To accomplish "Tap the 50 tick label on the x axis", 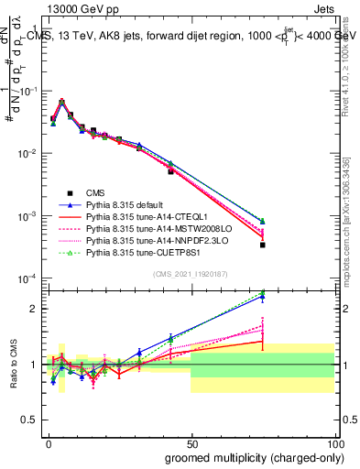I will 191,442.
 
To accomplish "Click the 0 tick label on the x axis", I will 48,442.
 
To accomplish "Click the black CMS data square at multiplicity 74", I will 262,245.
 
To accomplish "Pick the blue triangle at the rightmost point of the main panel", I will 262,221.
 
